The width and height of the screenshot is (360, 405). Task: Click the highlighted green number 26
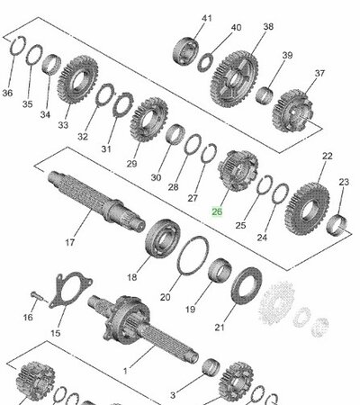(x=216, y=212)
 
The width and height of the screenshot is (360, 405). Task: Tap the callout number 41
(x=208, y=18)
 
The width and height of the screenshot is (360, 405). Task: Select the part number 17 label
(x=69, y=241)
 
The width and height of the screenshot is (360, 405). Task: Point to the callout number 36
(x=8, y=93)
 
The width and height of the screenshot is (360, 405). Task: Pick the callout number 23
(x=344, y=183)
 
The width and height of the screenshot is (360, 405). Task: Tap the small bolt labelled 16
(x=35, y=293)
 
